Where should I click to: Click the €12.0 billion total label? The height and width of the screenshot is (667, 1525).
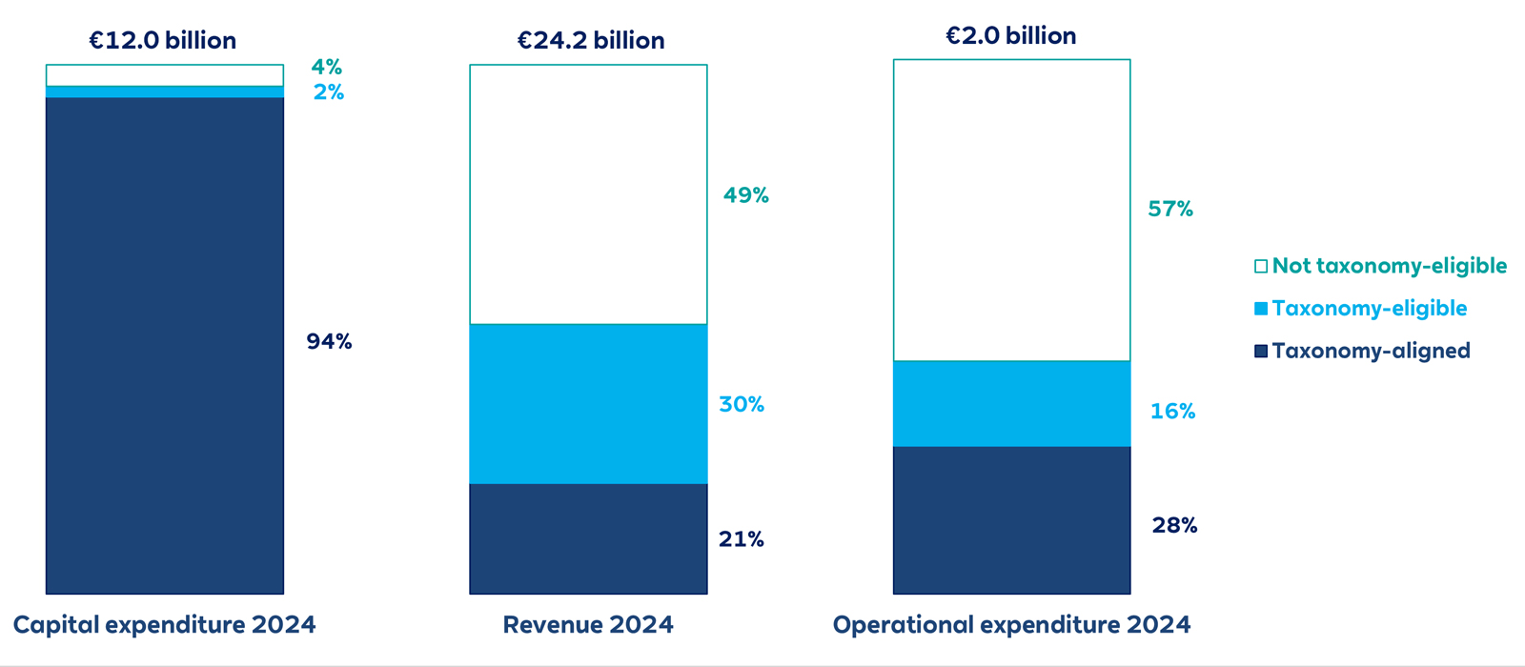pyautogui.click(x=162, y=40)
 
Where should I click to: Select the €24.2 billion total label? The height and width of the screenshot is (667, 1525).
pyautogui.click(x=590, y=40)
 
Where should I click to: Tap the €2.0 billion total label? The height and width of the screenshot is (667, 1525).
pyautogui.click(x=1010, y=35)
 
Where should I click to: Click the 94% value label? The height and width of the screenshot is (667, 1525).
pyautogui.click(x=329, y=341)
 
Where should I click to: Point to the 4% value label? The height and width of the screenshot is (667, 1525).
pyautogui.click(x=326, y=67)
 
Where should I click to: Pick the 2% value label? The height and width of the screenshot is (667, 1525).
pyautogui.click(x=328, y=92)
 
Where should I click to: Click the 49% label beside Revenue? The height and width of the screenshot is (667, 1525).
pyautogui.click(x=745, y=195)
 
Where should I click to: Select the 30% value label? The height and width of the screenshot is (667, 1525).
pyautogui.click(x=742, y=404)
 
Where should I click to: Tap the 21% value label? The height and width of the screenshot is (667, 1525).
pyautogui.click(x=741, y=539)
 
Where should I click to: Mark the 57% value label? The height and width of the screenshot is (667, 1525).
pyautogui.click(x=1169, y=209)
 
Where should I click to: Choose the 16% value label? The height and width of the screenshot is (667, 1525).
pyautogui.click(x=1172, y=411)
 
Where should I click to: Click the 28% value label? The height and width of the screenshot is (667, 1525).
pyautogui.click(x=1174, y=525)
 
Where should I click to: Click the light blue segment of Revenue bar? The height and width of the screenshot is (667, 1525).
pyautogui.click(x=588, y=404)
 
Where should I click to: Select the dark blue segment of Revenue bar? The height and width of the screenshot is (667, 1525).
pyautogui.click(x=588, y=538)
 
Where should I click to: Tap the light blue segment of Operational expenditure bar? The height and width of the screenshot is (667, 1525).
pyautogui.click(x=1011, y=403)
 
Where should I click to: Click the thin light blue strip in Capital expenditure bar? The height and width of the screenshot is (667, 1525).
pyautogui.click(x=165, y=91)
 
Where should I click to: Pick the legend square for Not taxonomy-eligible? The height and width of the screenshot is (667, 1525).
pyautogui.click(x=1260, y=266)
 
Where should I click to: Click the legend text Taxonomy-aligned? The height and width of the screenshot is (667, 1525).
pyautogui.click(x=1371, y=351)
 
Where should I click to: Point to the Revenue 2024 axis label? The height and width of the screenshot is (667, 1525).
pyautogui.click(x=588, y=625)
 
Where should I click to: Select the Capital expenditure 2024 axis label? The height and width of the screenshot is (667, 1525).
pyautogui.click(x=164, y=625)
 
